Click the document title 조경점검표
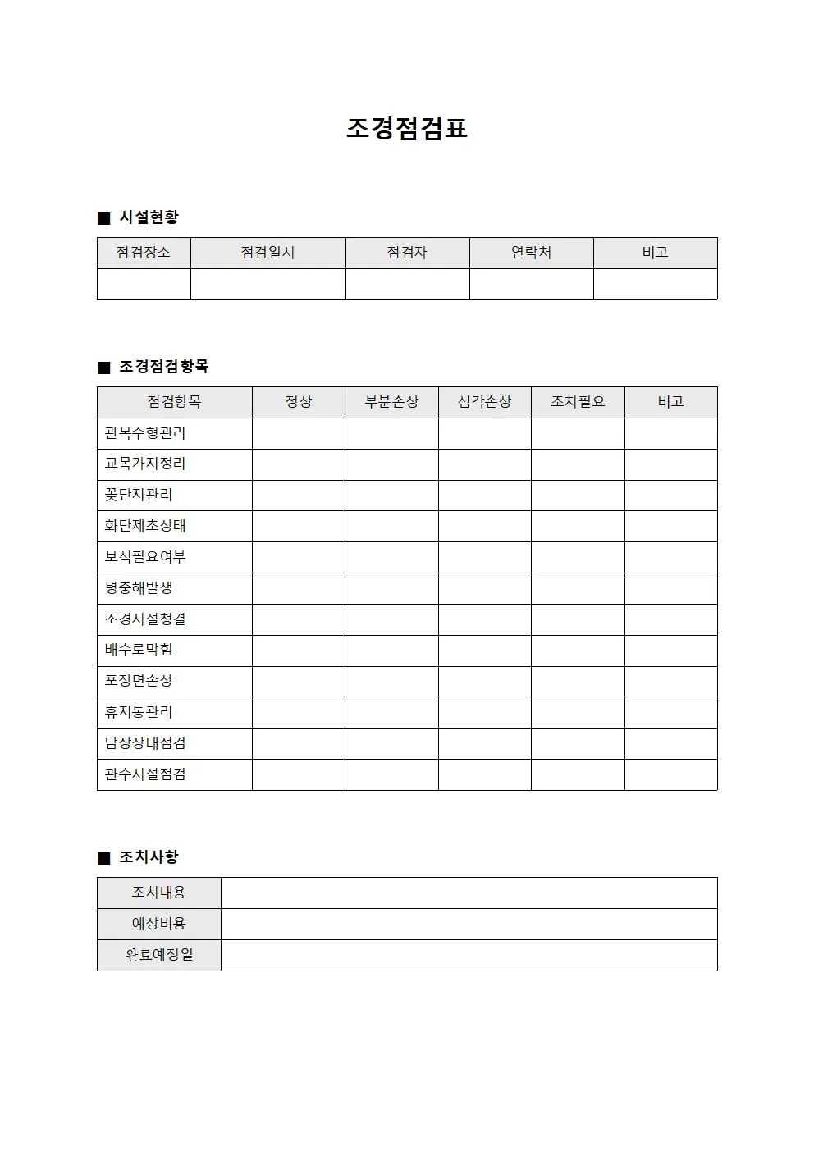point(406,129)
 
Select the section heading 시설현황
point(149,217)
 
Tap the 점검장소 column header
point(144,253)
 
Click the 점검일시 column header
point(268,253)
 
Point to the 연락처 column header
point(531,253)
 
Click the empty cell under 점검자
point(407,284)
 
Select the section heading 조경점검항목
point(163,367)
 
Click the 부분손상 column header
point(391,402)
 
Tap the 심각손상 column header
point(484,402)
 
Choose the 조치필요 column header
point(578,402)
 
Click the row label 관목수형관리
point(145,433)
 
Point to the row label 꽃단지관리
point(139,495)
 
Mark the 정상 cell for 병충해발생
point(298,588)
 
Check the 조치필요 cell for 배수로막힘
point(578,651)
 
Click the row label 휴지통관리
point(139,712)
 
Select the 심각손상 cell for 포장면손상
point(484,682)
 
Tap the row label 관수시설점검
point(145,774)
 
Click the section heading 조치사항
point(149,857)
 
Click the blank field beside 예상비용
point(469,924)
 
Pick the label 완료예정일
point(159,955)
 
